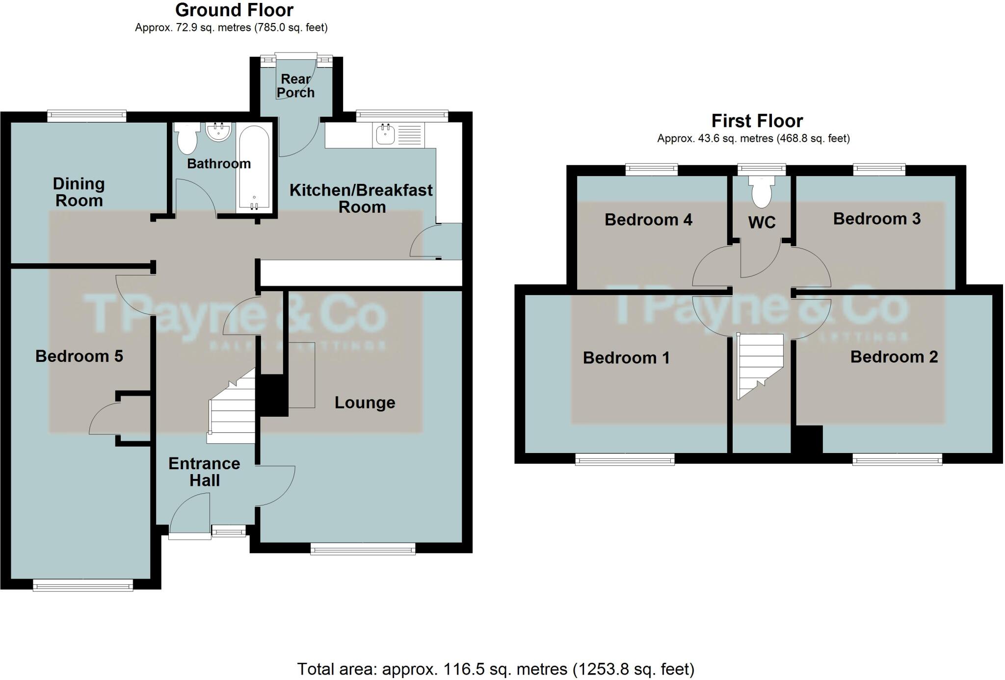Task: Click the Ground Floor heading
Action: click(x=234, y=10)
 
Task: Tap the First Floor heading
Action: click(x=757, y=121)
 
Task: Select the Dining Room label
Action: click(x=79, y=192)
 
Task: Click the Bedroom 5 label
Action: click(x=79, y=356)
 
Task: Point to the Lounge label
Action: click(x=365, y=403)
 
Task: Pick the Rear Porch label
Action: click(x=295, y=86)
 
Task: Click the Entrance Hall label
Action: click(x=204, y=472)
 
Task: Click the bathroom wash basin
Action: click(x=218, y=131)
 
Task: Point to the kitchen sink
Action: click(x=385, y=134)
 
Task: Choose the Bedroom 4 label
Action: click(x=648, y=220)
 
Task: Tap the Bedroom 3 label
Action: click(x=876, y=219)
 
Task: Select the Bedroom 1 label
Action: click(x=626, y=358)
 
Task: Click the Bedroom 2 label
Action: click(x=894, y=357)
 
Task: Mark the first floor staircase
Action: click(x=758, y=365)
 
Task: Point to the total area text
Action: click(x=496, y=669)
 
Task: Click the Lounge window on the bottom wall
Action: click(x=363, y=549)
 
